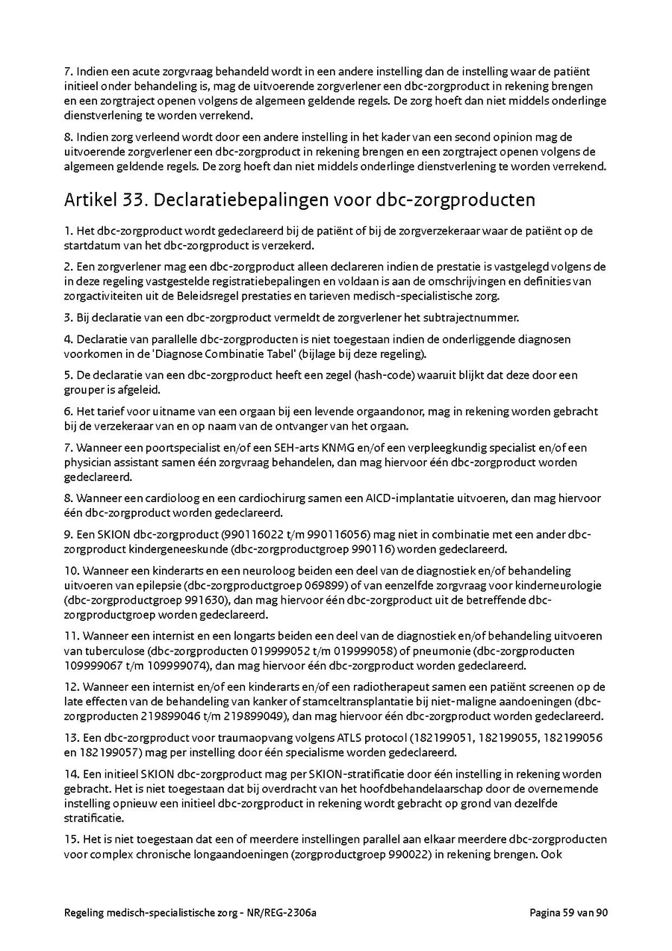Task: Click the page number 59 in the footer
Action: pos(570,912)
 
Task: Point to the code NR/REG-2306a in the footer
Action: pos(287,912)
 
